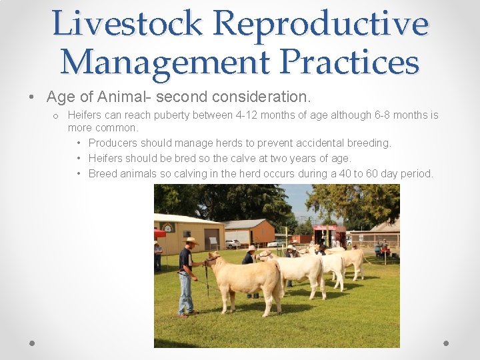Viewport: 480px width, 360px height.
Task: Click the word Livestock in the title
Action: [127, 23]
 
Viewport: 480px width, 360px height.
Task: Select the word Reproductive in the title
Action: [321, 23]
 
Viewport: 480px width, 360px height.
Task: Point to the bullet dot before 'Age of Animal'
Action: [33, 97]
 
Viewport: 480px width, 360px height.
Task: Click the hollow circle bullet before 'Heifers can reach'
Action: [58, 116]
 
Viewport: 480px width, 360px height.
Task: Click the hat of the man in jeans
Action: [191, 241]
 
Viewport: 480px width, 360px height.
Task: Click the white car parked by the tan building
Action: [232, 244]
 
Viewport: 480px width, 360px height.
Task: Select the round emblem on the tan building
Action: [167, 227]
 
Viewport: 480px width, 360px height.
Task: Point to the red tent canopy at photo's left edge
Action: [159, 233]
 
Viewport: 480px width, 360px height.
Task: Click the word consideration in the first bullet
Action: [263, 97]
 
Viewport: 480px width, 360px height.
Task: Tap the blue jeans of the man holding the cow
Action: [185, 293]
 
